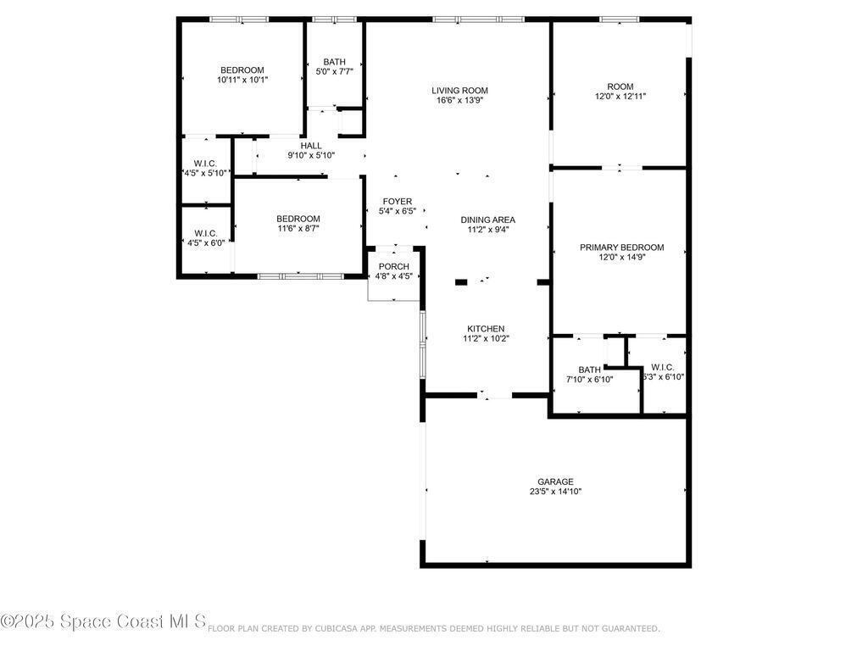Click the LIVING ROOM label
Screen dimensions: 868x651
tap(459, 91)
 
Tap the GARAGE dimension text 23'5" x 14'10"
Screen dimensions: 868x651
tap(555, 492)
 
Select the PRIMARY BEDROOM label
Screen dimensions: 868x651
tap(621, 248)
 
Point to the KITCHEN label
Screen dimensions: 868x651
tap(486, 329)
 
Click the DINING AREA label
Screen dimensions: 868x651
tap(487, 220)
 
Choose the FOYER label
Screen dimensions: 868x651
tap(397, 202)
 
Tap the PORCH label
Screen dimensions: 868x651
tap(393, 267)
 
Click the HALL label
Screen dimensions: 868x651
tap(310, 146)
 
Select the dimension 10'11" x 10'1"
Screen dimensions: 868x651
tap(242, 80)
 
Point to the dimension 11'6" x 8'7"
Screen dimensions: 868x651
tap(298, 228)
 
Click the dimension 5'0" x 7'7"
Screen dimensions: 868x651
tap(334, 71)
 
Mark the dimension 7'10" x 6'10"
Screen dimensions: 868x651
tap(589, 380)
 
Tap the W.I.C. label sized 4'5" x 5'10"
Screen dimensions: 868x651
tap(205, 164)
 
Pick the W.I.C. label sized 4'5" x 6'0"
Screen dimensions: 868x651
tap(206, 233)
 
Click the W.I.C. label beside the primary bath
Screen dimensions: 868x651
tap(663, 367)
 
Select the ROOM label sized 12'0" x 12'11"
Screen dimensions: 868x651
tap(620, 86)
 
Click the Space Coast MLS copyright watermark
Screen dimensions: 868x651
tap(103, 621)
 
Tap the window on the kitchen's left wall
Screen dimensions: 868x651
tap(422, 344)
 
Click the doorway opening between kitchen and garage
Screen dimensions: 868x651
tap(494, 395)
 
